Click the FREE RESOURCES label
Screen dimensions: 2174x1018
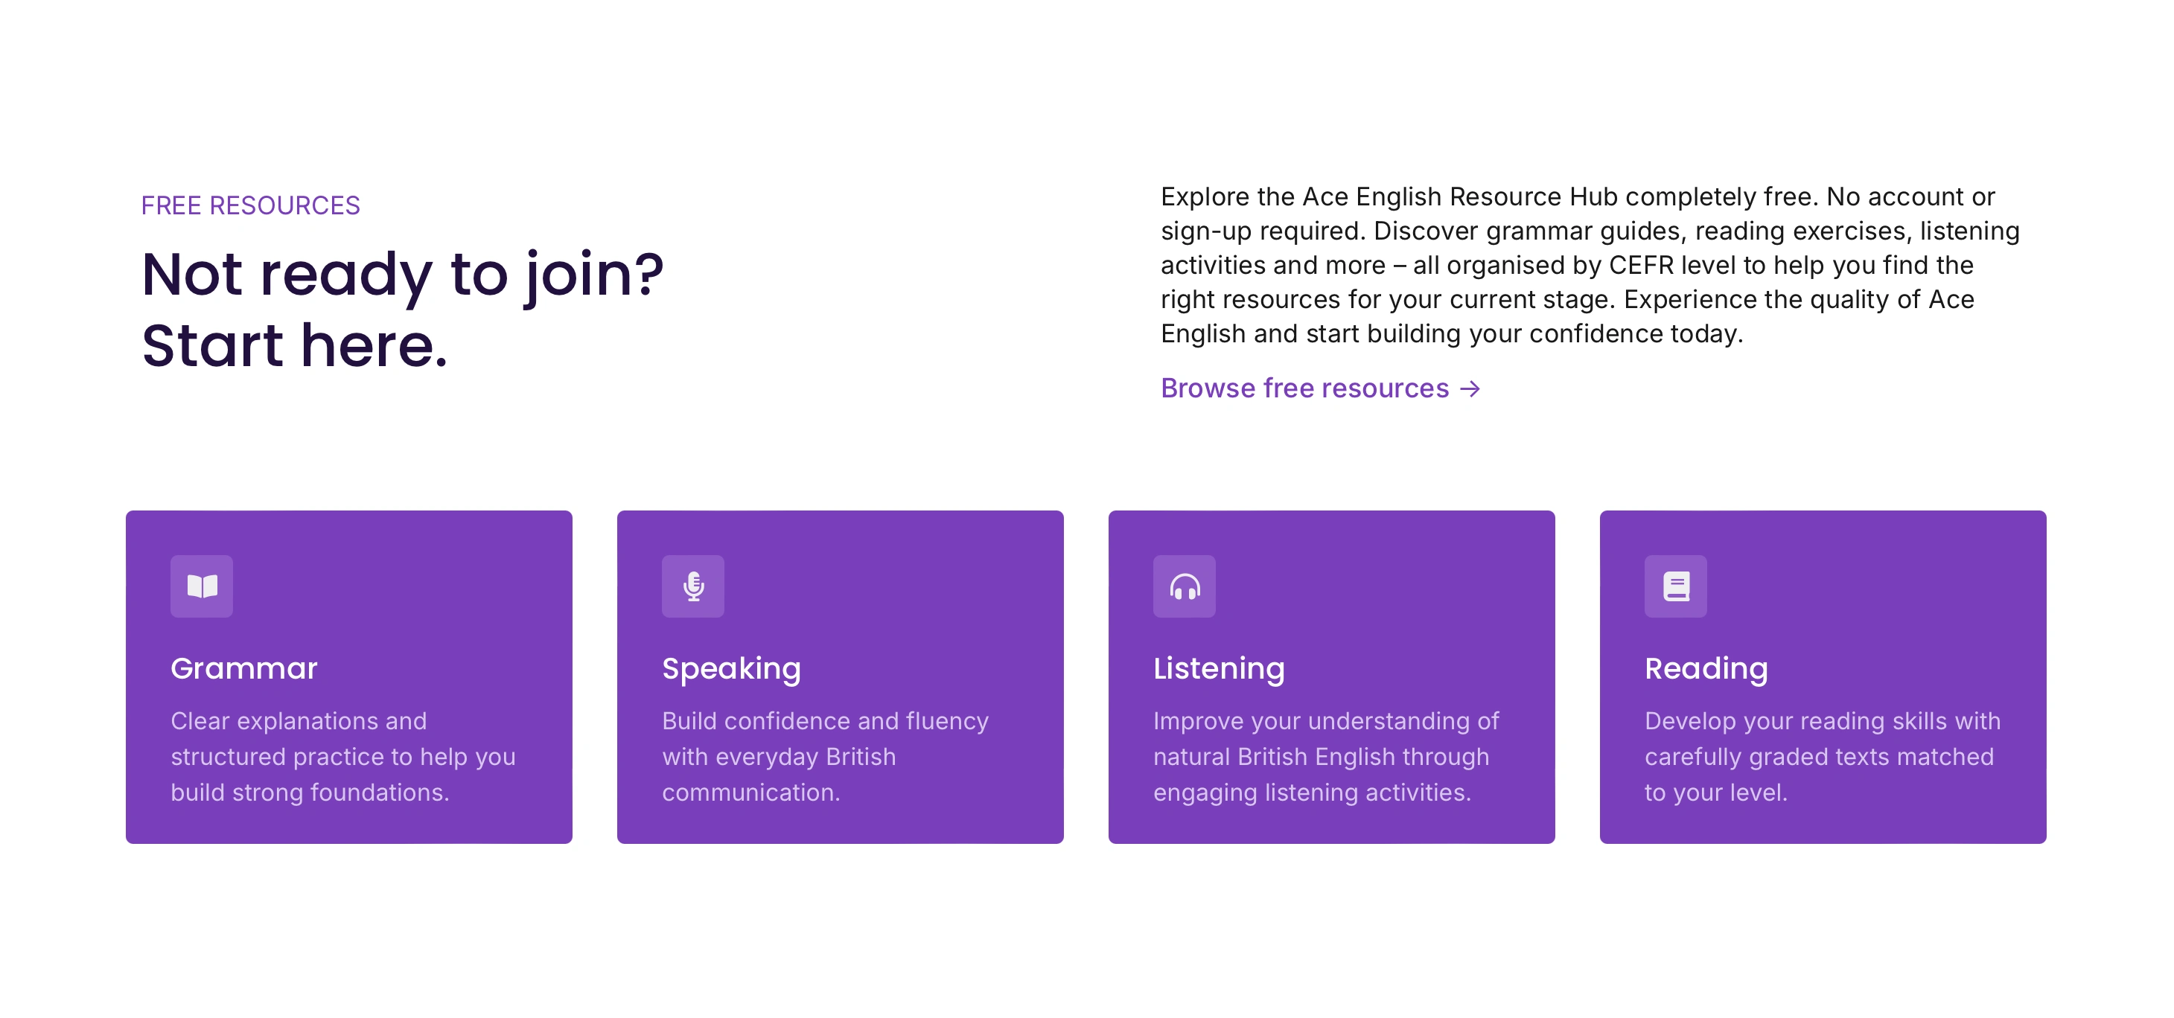[x=251, y=205]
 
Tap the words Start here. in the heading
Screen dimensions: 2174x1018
[x=295, y=346]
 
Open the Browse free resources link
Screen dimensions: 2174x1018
[x=1321, y=388]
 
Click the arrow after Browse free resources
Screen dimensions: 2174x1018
[x=1470, y=388]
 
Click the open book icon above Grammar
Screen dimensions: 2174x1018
[x=202, y=586]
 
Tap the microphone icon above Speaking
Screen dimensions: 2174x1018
[x=694, y=586]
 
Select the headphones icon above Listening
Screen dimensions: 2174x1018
[x=1185, y=586]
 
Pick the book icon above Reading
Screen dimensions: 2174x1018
[x=1676, y=586]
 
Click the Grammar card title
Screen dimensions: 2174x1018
[x=244, y=668]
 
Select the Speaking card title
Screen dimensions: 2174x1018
[x=732, y=670]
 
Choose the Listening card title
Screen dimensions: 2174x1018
[x=1220, y=670]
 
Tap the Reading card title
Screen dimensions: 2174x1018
[x=1706, y=670]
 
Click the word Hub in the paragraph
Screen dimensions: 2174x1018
[x=1593, y=196]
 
